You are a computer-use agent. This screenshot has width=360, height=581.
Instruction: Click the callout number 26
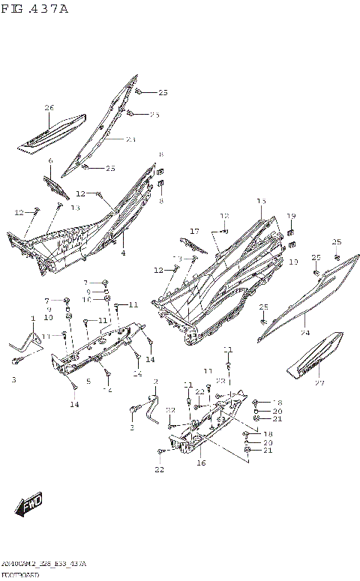(49, 108)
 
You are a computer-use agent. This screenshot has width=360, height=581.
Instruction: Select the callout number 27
(319, 383)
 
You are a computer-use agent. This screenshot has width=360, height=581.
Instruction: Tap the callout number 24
(305, 332)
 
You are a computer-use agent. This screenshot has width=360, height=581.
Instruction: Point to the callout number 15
(261, 202)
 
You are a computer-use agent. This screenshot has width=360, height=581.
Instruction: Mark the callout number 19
(292, 216)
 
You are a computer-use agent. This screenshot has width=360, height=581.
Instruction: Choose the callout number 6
(50, 161)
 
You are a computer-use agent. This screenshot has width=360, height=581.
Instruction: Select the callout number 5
(88, 382)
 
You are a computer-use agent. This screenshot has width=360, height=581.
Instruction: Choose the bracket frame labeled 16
(202, 431)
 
